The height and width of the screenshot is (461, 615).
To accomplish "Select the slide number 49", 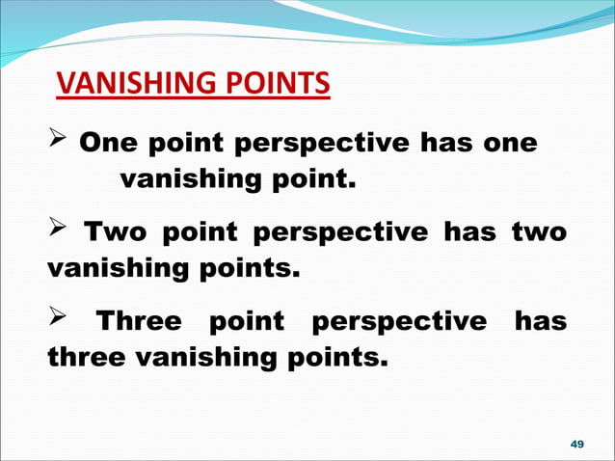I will click(577, 444).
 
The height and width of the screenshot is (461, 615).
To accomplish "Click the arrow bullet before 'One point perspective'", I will click(58, 144).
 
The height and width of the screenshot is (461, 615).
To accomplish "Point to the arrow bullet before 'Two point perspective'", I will click(58, 232).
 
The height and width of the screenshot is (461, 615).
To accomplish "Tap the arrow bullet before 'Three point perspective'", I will click(58, 321).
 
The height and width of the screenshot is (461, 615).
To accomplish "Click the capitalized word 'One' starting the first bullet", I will click(105, 144).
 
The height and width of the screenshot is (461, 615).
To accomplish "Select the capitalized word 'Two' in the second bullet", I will click(115, 232).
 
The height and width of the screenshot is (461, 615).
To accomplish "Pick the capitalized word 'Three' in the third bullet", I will click(143, 321).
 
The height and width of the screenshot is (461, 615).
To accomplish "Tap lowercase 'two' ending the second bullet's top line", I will click(539, 232).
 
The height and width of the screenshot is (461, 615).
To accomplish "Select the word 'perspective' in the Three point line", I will click(400, 323).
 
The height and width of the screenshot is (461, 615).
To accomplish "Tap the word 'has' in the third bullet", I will click(540, 321).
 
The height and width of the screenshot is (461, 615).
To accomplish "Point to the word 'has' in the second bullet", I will click(474, 232).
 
